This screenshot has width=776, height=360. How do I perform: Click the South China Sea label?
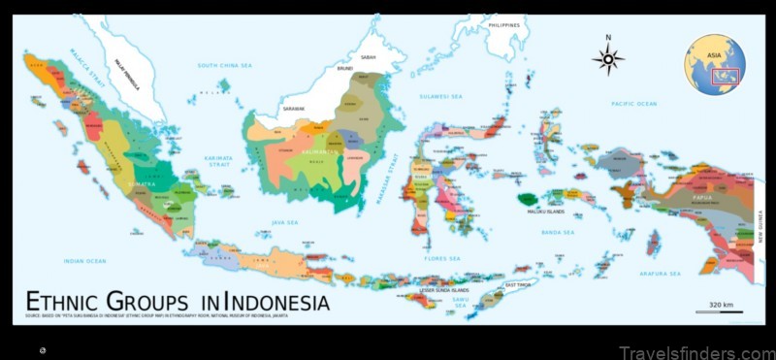[x=224, y=65]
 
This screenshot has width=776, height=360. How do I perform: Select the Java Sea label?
[x=284, y=222]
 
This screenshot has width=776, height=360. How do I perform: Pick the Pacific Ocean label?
[x=633, y=103]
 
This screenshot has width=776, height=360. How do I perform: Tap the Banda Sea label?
[x=558, y=233]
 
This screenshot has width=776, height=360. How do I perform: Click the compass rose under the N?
[x=608, y=59]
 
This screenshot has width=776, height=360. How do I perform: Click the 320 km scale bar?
[x=720, y=311]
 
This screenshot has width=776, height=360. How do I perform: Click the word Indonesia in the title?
[x=268, y=302]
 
